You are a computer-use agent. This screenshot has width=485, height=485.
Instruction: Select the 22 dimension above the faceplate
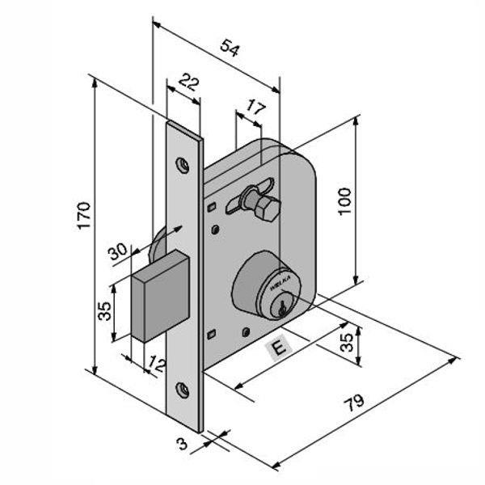(188, 82)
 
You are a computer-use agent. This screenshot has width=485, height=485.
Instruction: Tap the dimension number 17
(255, 106)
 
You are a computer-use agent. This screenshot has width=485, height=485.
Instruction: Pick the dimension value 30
(118, 251)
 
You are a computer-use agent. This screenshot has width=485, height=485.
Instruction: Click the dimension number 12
(157, 365)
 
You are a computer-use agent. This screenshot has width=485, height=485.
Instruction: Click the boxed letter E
(278, 348)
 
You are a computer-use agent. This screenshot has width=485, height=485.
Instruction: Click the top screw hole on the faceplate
(184, 166)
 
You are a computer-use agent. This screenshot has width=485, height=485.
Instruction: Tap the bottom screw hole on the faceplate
(184, 390)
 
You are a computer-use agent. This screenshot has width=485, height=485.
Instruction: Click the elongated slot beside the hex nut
(240, 200)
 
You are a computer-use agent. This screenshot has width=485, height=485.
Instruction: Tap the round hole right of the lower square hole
(243, 331)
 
